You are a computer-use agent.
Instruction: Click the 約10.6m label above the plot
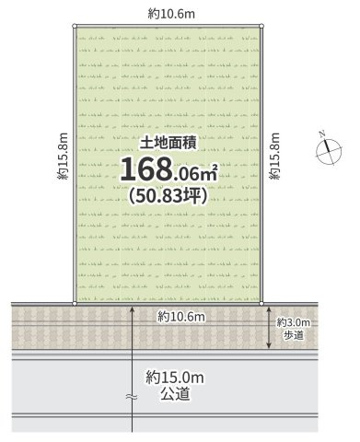coord(171,14)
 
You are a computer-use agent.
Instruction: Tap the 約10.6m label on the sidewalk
coord(181,317)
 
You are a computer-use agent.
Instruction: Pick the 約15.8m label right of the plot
coord(274,157)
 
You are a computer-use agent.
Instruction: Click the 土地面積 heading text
coord(168,144)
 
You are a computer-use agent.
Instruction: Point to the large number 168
coord(145,169)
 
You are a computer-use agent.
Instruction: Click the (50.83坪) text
coord(168,195)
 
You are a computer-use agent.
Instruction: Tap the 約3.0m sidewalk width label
coord(294,322)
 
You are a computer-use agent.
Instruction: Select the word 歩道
coord(294,335)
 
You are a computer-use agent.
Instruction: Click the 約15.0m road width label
coord(175,378)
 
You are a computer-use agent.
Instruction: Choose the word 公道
coord(175,394)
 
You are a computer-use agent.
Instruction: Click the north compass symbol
coord(329,150)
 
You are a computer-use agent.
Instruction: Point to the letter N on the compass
coord(322,134)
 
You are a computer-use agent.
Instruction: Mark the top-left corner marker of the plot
coord(75,26)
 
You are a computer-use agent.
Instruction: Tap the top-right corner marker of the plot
coord(261,26)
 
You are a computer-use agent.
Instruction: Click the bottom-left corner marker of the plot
coord(75,304)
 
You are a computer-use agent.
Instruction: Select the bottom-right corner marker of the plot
coord(261,304)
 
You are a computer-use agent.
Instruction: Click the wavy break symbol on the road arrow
coord(132,397)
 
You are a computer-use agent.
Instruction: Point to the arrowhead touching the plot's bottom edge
coord(133,308)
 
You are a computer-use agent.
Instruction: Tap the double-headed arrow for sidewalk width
coord(269,327)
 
